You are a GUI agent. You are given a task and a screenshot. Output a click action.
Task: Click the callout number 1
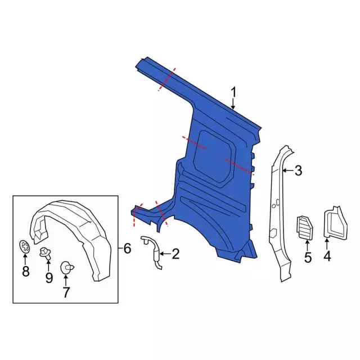pos(233,92)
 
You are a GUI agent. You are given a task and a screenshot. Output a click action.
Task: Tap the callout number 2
pos(175,254)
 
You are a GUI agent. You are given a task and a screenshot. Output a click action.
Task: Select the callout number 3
pos(298,170)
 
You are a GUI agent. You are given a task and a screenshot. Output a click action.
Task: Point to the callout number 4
pos(327,256)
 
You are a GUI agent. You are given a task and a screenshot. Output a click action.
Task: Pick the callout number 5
pos(308,257)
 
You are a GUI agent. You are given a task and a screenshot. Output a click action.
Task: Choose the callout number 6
pos(127,248)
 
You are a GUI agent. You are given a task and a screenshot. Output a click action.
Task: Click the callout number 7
pos(66,292)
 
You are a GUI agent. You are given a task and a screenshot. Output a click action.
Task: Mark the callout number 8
pos(25,271)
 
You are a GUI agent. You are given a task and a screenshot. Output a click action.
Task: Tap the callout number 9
pos(49,278)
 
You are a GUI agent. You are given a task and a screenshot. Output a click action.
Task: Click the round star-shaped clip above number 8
pos(25,246)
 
